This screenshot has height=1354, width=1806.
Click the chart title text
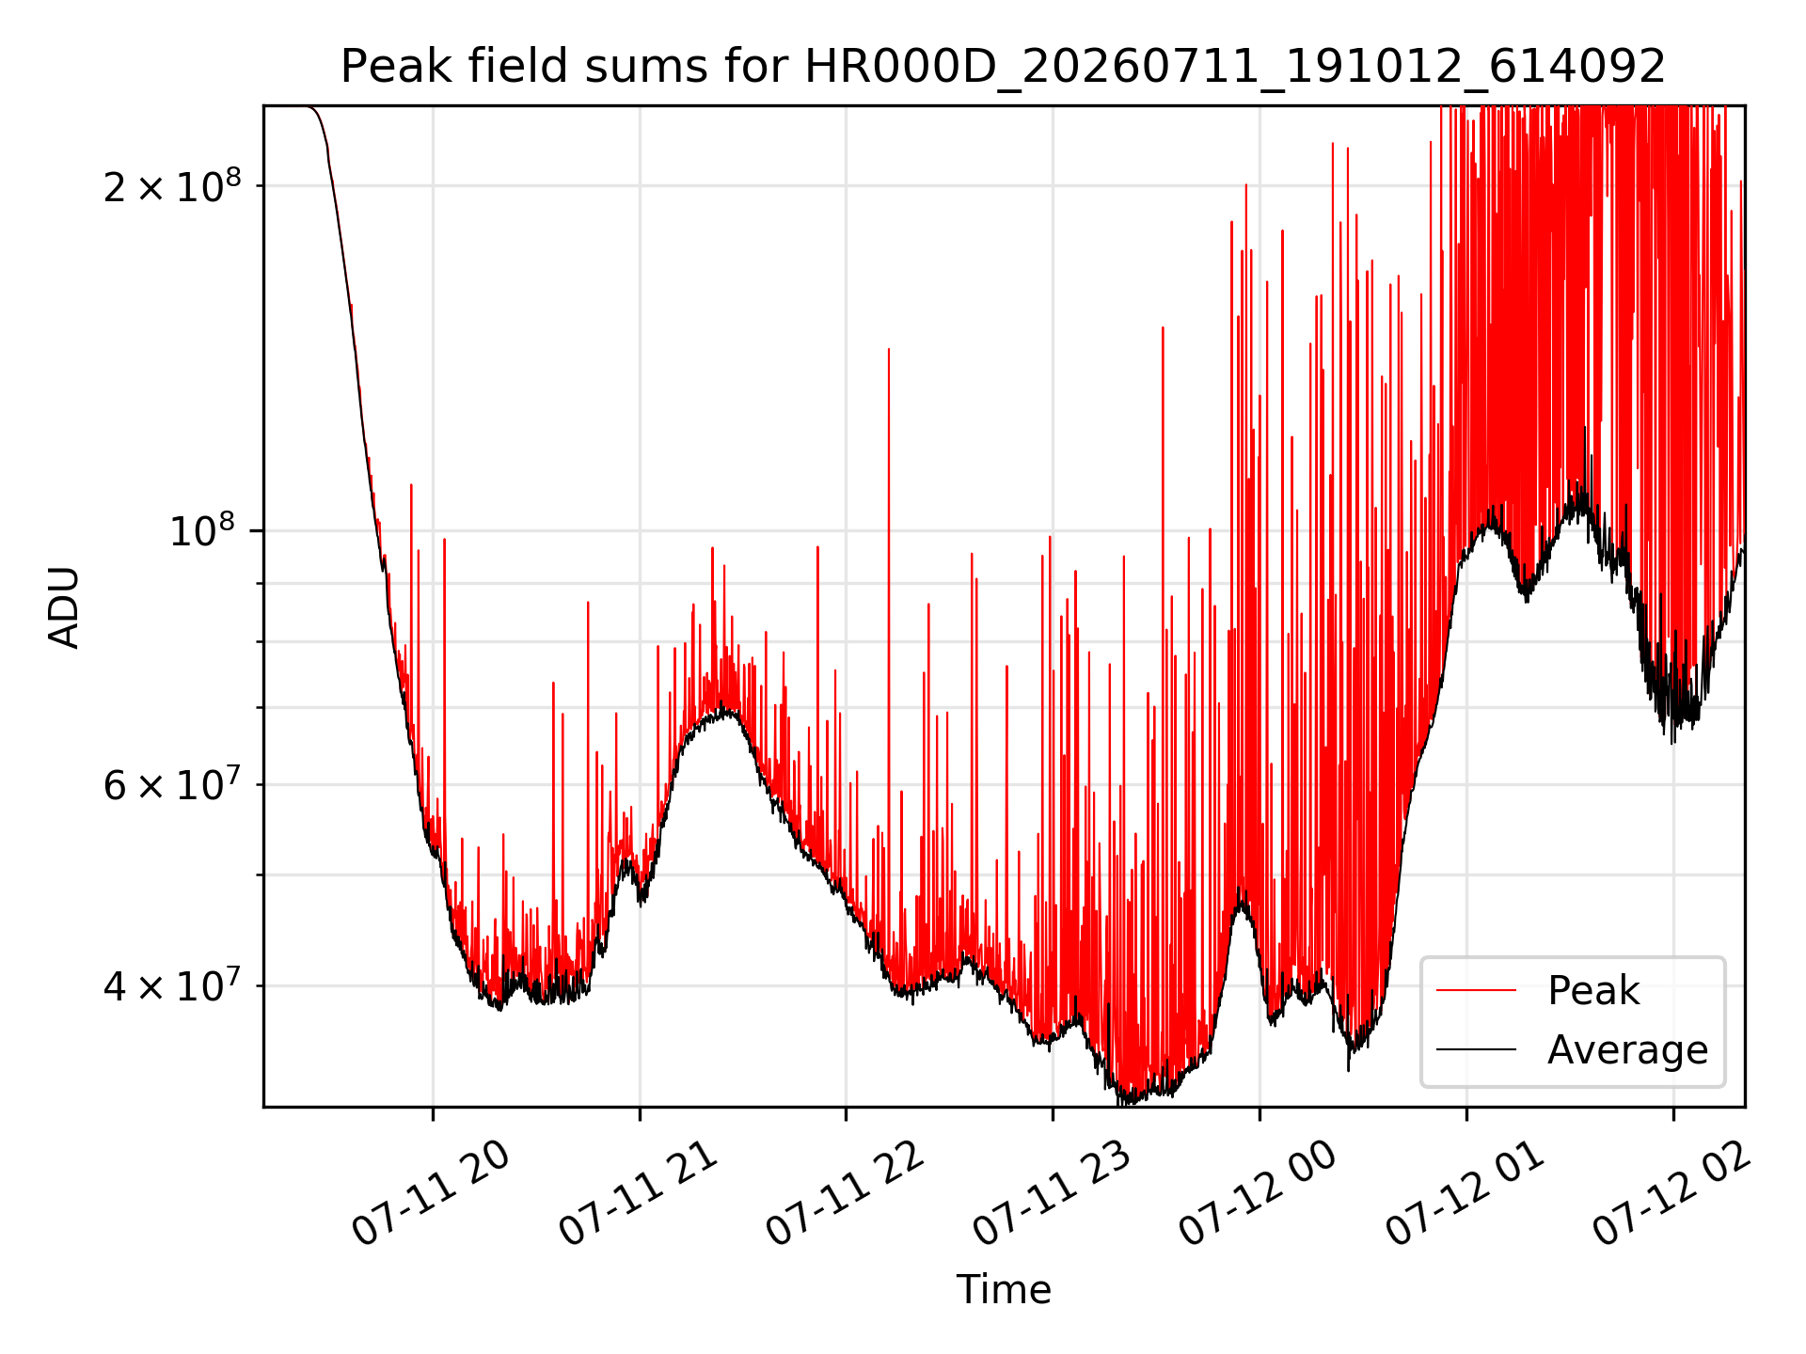coord(1003,67)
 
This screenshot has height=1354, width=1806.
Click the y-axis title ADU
coord(64,606)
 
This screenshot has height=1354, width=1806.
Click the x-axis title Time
coord(1004,1289)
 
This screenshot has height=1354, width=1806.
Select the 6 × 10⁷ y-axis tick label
coord(172,783)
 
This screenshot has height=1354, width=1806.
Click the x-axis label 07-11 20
coord(432,1193)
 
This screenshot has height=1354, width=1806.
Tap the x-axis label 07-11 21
coord(639,1193)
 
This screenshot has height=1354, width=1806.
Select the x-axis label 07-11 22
coord(846,1193)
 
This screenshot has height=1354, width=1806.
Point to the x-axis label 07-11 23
coord(1052,1193)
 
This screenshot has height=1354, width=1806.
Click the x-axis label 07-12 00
coord(1259,1193)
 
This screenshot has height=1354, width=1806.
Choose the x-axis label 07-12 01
coord(1465,1193)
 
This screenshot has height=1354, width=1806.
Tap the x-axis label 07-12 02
coord(1671,1193)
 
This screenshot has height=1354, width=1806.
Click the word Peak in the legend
coord(1593,991)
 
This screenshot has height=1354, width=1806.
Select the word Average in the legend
coord(1627,1050)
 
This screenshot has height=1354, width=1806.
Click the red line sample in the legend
coord(1476,990)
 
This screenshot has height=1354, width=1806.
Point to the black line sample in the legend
coord(1476,1049)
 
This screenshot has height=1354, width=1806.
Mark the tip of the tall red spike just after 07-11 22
coord(889,349)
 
